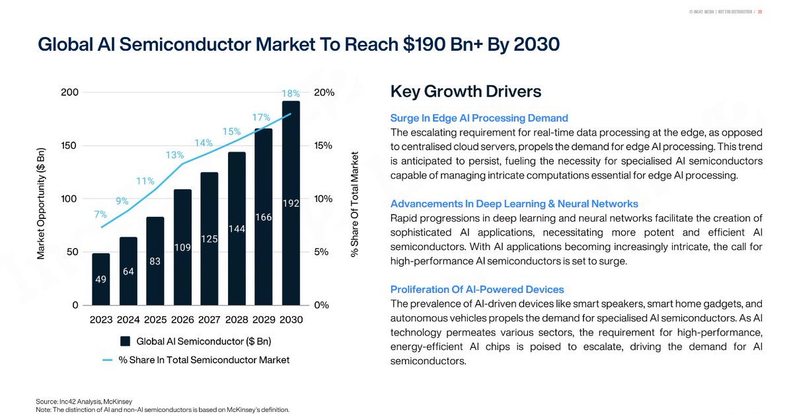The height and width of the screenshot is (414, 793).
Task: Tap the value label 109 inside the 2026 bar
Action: [x=182, y=247]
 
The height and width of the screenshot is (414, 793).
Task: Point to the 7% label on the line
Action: [x=100, y=214]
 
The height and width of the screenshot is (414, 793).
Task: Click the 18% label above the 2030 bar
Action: [x=291, y=94]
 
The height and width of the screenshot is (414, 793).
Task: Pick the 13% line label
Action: [x=174, y=155]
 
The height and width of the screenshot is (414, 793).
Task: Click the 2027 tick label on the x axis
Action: [x=209, y=319]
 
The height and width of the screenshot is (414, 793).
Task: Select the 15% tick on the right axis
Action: [x=324, y=145]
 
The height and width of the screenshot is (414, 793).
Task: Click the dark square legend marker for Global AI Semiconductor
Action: [x=125, y=342]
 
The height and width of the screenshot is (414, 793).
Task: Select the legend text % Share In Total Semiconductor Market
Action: [x=204, y=360]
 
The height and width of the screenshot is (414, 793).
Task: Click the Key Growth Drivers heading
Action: [x=466, y=91]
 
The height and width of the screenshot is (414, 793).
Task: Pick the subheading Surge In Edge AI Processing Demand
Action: [x=479, y=118]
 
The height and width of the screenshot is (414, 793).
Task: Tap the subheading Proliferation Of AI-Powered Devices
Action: [x=477, y=290]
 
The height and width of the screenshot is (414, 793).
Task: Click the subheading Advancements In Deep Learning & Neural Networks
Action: [x=514, y=204]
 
